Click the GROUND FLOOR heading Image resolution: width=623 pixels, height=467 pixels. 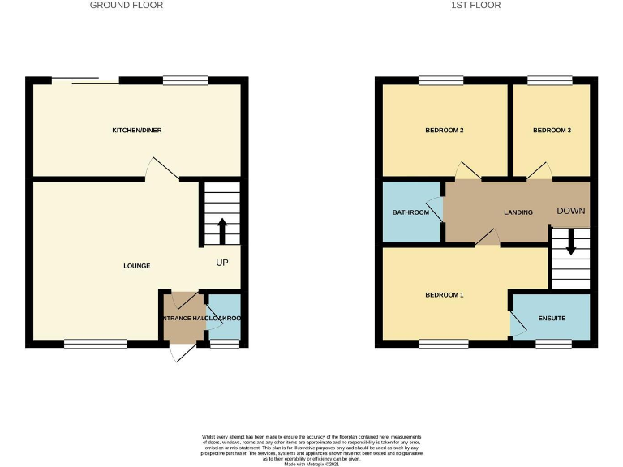coord(126,5)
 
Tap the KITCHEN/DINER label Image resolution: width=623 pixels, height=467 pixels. coord(136,130)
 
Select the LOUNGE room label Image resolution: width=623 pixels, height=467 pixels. coord(136,266)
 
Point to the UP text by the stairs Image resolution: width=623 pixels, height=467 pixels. coord(222,263)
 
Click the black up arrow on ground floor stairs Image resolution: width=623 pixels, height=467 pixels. coord(221,230)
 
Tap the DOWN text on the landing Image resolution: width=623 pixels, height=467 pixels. coord(570,211)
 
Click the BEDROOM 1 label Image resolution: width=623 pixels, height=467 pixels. coord(444,295)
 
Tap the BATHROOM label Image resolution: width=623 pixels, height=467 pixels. coord(410,212)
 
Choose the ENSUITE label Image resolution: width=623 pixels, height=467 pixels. coord(552,319)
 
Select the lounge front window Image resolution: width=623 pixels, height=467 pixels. coord(95,344)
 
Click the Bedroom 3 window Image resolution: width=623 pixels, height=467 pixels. coord(549,80)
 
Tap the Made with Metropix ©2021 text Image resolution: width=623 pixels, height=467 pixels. coord(311,463)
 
